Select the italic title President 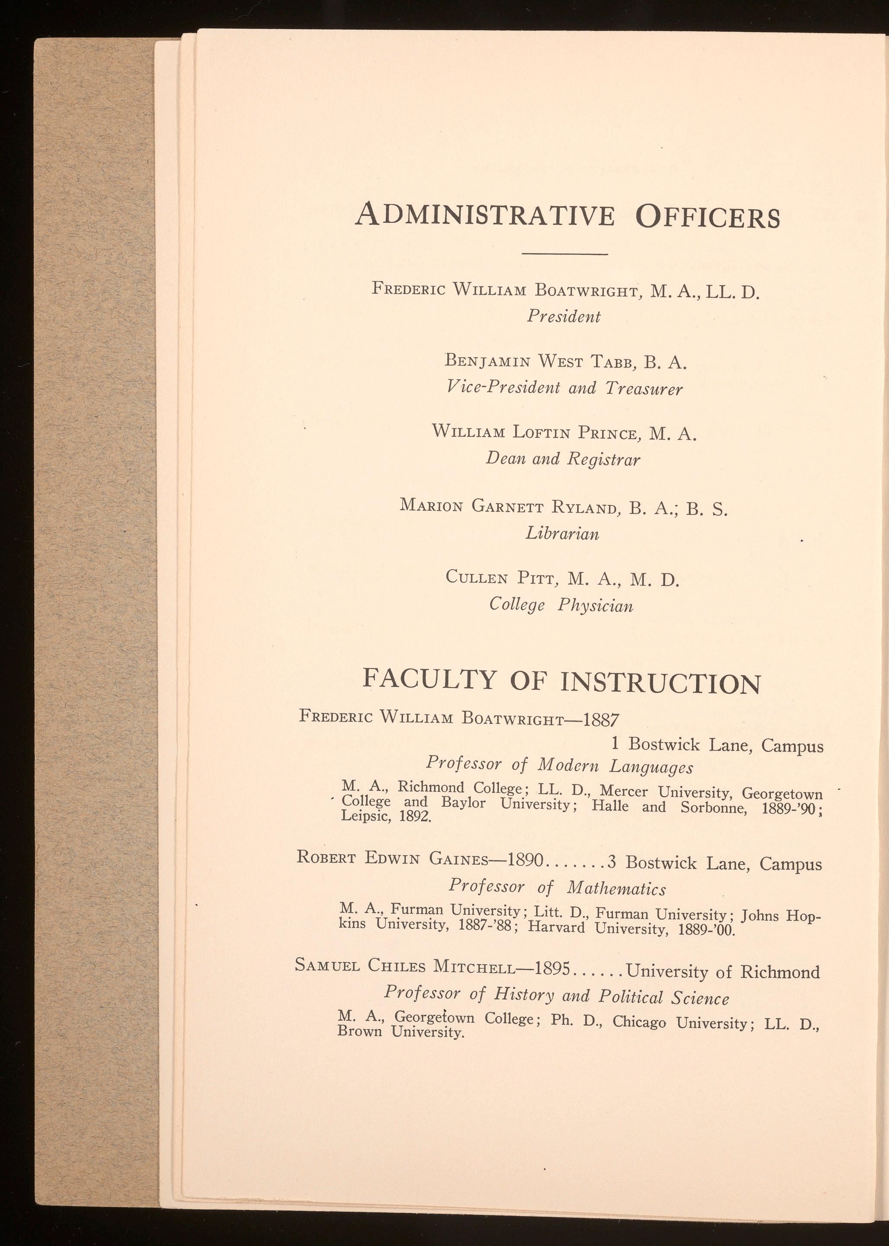564,316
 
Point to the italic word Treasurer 644,389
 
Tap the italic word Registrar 603,459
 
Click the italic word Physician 595,605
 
